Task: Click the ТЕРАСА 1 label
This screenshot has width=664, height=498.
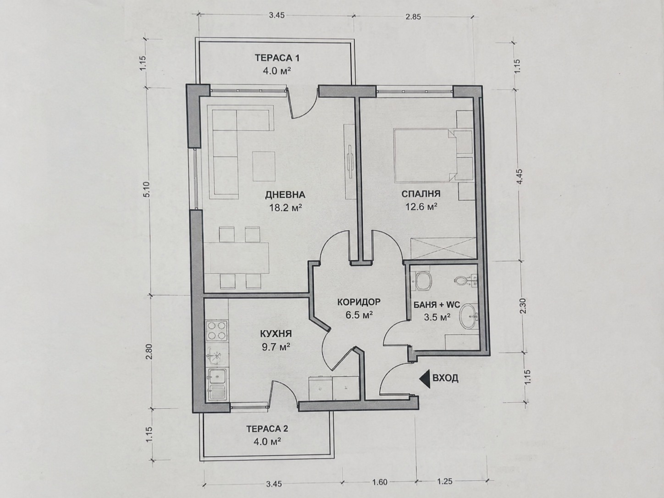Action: (277, 58)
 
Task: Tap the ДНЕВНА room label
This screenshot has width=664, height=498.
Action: (285, 195)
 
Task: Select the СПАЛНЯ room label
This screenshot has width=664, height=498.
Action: (421, 194)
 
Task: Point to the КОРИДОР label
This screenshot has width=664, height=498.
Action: (359, 302)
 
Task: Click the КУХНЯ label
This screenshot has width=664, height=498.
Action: (276, 334)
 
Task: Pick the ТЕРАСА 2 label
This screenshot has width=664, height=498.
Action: (267, 429)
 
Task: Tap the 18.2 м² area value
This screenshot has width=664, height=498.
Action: (286, 208)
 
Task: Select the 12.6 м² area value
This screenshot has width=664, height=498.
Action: (421, 206)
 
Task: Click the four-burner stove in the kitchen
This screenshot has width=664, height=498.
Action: (216, 331)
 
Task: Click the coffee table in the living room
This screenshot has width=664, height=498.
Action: (264, 166)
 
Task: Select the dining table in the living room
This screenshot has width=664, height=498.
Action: (237, 258)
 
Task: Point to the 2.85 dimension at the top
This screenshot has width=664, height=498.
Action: (413, 17)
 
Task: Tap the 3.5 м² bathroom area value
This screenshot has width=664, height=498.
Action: (437, 317)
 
